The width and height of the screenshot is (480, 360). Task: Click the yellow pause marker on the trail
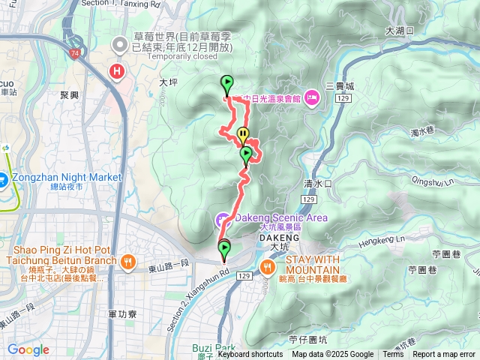click(x=242, y=135)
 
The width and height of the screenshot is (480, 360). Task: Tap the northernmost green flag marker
click(x=226, y=84)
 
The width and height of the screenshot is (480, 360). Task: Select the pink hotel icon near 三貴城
click(x=312, y=97)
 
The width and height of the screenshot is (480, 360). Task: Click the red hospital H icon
click(x=116, y=72)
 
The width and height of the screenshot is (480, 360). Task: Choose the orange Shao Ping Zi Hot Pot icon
click(x=128, y=262)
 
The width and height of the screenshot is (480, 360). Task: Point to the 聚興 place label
click(x=69, y=95)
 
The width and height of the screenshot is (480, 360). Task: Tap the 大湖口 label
click(x=399, y=31)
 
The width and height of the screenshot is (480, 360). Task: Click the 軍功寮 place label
click(x=121, y=315)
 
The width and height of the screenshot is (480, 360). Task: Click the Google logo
click(x=28, y=350)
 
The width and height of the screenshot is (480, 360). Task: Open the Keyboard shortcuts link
click(x=250, y=355)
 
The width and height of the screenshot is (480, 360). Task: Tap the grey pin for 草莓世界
click(x=119, y=46)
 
